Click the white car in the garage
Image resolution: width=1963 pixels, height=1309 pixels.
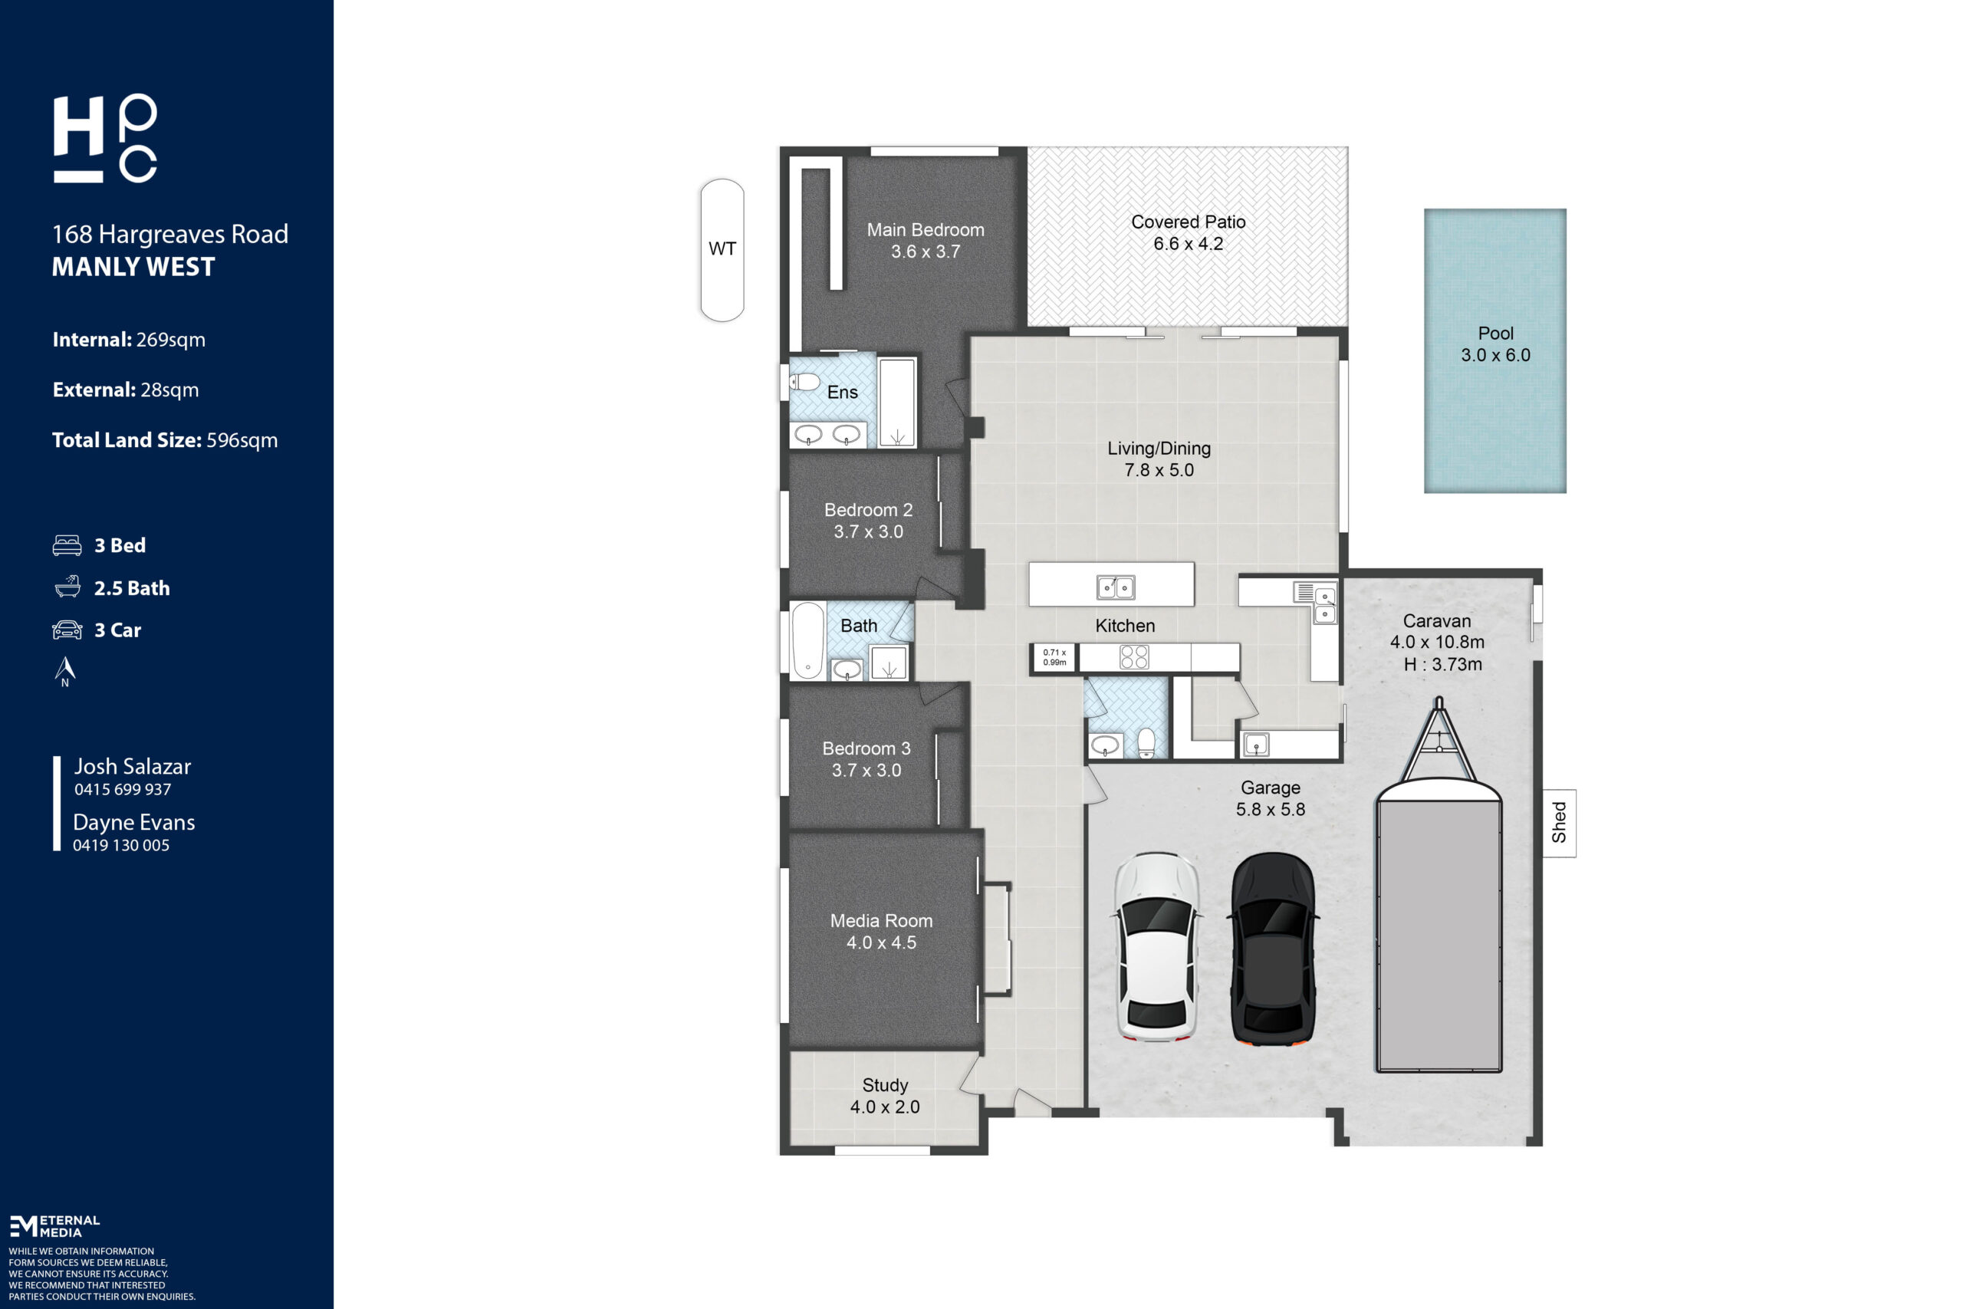[x=1158, y=947]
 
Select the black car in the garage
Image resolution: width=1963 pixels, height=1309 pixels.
[x=1273, y=949]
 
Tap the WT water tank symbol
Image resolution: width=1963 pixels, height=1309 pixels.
[x=722, y=250]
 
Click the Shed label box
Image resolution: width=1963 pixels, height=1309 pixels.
[x=1559, y=822]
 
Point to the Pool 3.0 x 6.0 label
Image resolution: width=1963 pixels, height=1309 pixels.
[x=1494, y=344]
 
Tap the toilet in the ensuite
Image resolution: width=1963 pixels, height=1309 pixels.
[x=804, y=383]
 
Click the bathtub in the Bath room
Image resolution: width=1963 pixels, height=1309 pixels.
[x=808, y=640]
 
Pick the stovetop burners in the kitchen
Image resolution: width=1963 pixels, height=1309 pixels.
[x=1133, y=657]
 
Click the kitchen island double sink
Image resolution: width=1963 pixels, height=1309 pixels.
[x=1115, y=587]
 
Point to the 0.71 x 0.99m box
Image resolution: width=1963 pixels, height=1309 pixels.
[x=1054, y=657]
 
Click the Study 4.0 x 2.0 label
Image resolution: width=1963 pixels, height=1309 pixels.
[x=885, y=1095]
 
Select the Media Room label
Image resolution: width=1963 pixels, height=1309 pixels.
[x=881, y=920]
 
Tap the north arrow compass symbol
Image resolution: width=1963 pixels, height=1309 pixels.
[x=65, y=671]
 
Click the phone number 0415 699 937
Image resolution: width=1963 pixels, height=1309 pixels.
[x=123, y=790]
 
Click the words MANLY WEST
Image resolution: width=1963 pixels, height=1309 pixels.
[x=133, y=267]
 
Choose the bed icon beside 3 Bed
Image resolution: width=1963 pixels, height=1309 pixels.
[x=67, y=545]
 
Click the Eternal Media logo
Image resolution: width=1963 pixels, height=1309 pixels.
[x=54, y=1225]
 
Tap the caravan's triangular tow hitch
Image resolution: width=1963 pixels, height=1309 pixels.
[x=1438, y=738]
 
